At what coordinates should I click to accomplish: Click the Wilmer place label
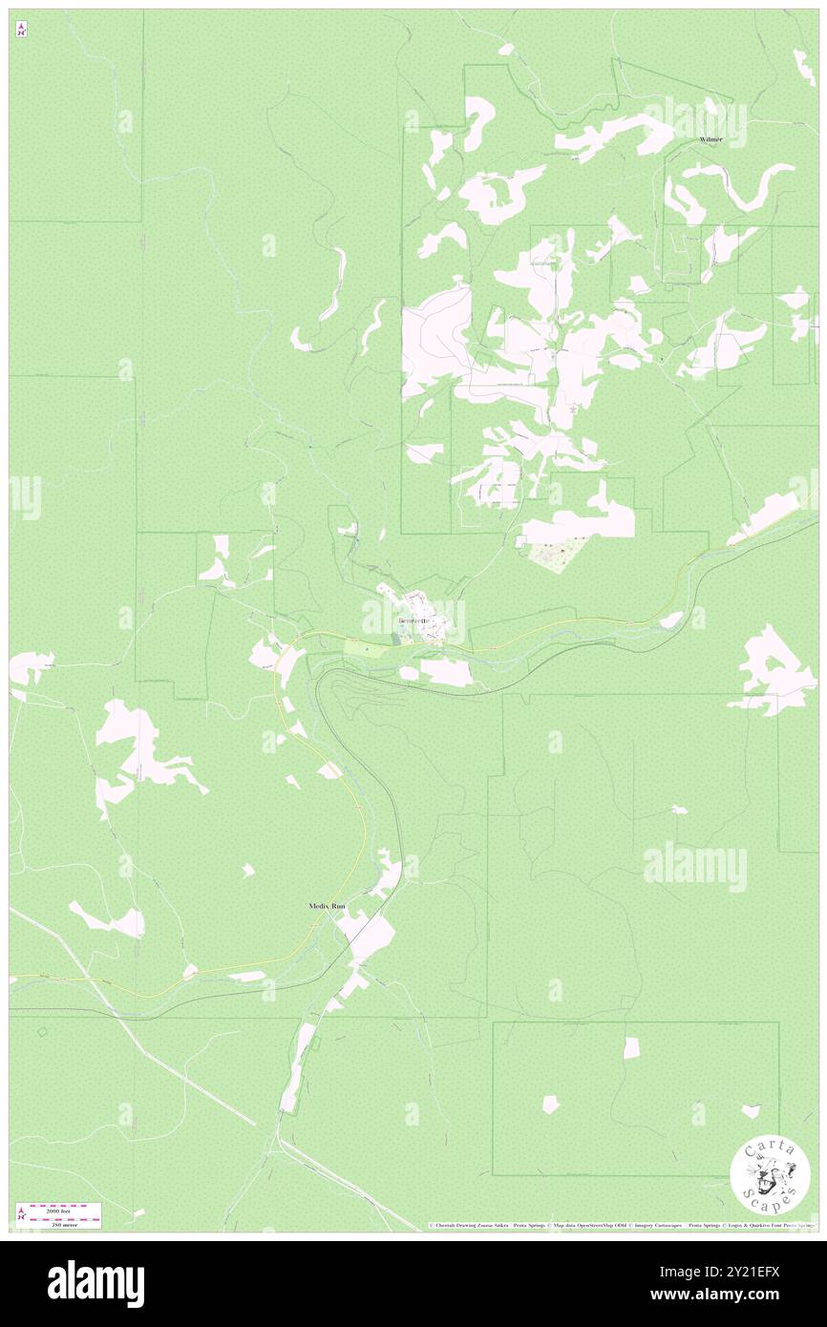click(710, 139)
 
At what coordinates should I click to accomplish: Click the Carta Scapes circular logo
click(770, 1175)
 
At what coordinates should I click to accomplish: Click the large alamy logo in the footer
click(95, 1283)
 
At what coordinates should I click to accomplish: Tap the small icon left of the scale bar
click(21, 1215)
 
